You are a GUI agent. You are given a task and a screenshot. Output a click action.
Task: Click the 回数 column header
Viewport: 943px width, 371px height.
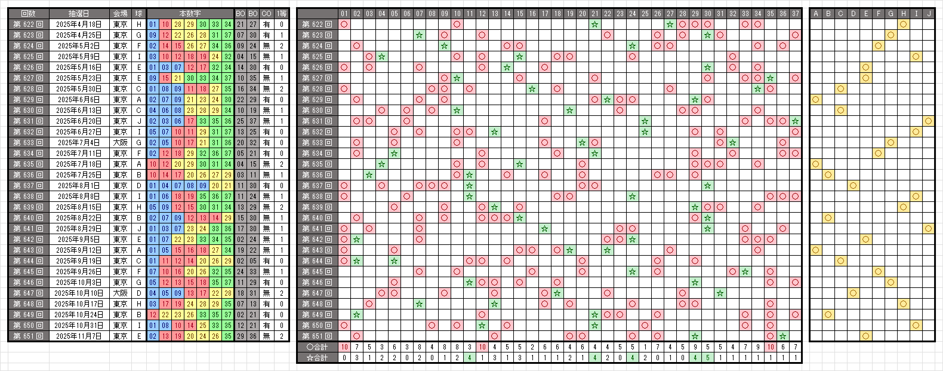[28, 13]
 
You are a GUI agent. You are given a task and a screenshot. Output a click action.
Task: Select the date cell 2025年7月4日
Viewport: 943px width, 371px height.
[79, 143]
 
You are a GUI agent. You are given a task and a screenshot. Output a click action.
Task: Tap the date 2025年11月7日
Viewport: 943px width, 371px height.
[79, 336]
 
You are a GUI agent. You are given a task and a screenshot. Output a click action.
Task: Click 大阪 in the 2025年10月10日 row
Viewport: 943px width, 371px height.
[120, 293]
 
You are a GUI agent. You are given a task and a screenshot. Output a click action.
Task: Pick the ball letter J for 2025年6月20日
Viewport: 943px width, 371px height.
[138, 121]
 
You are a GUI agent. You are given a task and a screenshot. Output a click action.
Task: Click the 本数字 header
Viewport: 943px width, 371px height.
[190, 13]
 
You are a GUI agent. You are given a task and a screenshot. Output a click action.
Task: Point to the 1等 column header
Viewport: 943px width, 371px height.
[282, 13]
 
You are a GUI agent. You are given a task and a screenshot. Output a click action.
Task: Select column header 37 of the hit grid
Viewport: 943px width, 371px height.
[795, 13]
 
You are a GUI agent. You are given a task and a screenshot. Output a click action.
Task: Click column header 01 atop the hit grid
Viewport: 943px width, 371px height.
[344, 13]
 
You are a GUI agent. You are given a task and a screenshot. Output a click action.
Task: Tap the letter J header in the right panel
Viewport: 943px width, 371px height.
[928, 13]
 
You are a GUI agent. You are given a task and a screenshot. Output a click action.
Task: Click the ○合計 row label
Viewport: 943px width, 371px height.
[317, 347]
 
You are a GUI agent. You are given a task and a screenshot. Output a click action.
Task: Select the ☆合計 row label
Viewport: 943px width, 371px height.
[317, 358]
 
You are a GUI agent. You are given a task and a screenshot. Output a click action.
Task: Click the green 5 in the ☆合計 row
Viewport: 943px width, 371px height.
[707, 358]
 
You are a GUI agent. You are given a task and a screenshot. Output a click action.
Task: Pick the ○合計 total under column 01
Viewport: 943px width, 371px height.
[344, 347]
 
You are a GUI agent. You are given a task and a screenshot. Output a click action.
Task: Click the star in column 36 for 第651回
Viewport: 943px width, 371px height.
[782, 336]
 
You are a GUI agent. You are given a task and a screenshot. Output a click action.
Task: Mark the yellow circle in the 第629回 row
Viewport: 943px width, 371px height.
[815, 100]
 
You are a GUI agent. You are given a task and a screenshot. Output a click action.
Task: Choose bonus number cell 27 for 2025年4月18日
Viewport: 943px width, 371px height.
[253, 24]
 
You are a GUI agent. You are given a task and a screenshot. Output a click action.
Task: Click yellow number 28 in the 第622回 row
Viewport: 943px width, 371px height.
[178, 24]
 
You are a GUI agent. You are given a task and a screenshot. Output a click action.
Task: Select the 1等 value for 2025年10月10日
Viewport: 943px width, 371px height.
[282, 293]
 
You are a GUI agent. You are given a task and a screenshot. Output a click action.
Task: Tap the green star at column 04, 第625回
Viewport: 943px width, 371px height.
[382, 57]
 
